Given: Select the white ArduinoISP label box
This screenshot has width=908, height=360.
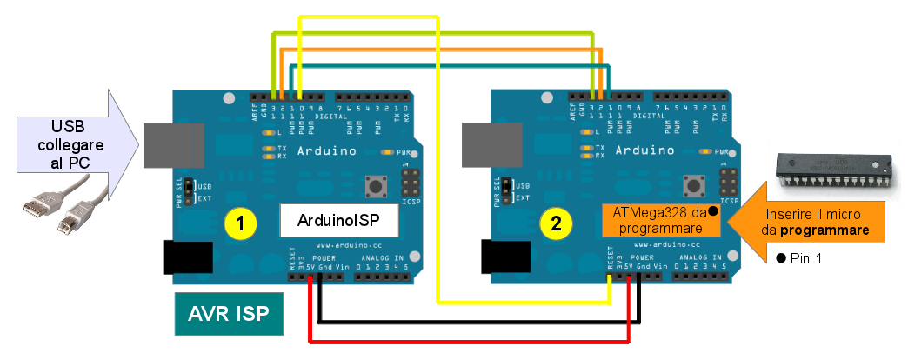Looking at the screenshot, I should pos(338,221).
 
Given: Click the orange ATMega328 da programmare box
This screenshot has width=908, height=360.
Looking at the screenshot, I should pos(662,221).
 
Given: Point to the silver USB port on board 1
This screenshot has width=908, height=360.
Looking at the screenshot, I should pos(174,144).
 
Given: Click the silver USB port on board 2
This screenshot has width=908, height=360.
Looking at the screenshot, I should pos(491,144).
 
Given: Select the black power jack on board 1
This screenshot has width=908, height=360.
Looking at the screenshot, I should pos(188,258).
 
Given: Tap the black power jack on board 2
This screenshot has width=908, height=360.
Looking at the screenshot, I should pos(504,258).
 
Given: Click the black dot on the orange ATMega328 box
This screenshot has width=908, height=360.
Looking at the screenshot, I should pos(712,210).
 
